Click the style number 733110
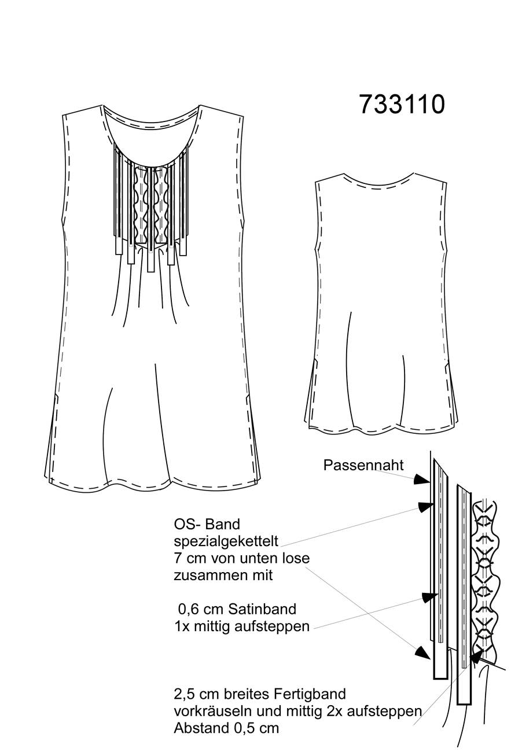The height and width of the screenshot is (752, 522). (402, 104)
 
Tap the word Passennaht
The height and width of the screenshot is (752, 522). (363, 465)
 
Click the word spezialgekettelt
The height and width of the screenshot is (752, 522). (226, 541)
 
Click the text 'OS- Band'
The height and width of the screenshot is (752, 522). (207, 524)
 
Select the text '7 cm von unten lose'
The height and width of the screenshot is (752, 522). (242, 558)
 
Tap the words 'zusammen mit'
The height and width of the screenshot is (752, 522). (223, 576)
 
